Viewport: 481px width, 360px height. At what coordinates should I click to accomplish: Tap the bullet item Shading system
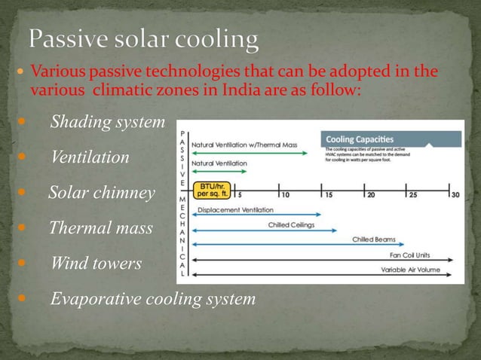(x=106, y=123)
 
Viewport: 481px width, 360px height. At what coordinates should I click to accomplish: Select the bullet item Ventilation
(x=90, y=158)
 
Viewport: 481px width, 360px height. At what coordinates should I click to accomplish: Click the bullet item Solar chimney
(x=101, y=194)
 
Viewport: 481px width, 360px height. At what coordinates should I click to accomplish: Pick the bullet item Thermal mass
(x=100, y=228)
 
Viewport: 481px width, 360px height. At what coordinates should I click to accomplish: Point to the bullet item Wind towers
(x=96, y=264)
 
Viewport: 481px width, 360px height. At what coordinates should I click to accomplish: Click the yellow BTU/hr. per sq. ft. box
(x=210, y=191)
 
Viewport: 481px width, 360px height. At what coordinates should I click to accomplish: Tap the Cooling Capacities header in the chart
(x=360, y=139)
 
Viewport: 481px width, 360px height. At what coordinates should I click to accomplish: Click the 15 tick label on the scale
(x=329, y=195)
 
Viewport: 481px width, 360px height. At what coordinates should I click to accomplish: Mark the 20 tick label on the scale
(x=370, y=195)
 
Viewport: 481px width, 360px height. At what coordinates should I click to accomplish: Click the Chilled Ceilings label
(x=291, y=224)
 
